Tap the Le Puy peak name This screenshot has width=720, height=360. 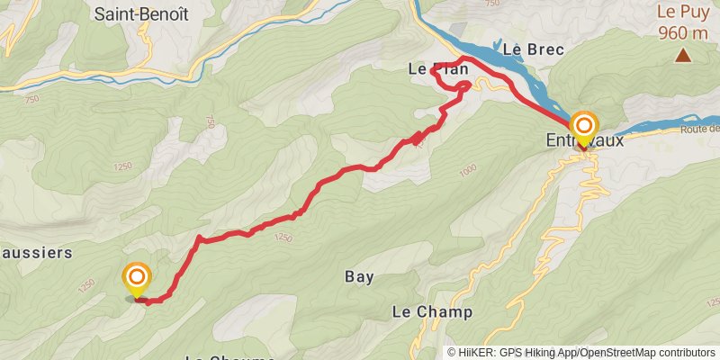pyautogui.click(x=683, y=13)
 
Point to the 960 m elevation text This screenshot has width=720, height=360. pyautogui.click(x=683, y=33)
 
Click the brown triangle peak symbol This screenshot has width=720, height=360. pyautogui.click(x=684, y=57)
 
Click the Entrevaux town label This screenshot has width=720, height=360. pyautogui.click(x=585, y=141)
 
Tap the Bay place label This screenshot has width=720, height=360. pyautogui.click(x=359, y=276)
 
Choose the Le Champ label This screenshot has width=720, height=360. pyautogui.click(x=432, y=311)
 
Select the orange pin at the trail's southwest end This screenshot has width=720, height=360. pyautogui.click(x=137, y=278)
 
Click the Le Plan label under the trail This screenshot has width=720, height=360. pyautogui.click(x=438, y=67)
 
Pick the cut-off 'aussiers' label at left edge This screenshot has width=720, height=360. pyautogui.click(x=36, y=253)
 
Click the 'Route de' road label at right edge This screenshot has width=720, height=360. pyautogui.click(x=702, y=129)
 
